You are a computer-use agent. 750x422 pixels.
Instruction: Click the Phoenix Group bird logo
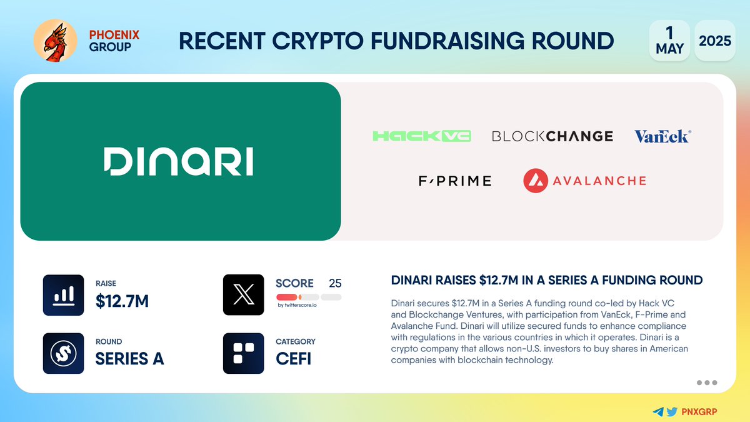click(x=54, y=41)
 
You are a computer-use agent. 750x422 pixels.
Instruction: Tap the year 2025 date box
click(x=715, y=41)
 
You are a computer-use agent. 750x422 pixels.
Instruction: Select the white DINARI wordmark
click(x=178, y=161)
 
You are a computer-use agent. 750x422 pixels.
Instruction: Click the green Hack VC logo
click(x=422, y=136)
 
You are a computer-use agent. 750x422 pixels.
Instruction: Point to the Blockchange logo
click(x=552, y=136)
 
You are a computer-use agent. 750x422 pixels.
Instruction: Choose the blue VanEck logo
click(x=662, y=136)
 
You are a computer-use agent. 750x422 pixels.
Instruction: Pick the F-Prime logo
click(x=455, y=181)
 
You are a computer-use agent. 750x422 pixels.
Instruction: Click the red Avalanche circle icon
click(x=536, y=181)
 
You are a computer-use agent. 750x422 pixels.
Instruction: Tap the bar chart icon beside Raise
click(x=63, y=295)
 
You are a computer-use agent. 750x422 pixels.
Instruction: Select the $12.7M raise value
click(x=122, y=301)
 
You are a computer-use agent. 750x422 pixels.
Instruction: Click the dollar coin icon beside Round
click(x=63, y=353)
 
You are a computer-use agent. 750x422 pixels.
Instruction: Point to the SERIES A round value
click(x=129, y=359)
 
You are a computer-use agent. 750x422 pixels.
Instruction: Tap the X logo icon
click(x=243, y=295)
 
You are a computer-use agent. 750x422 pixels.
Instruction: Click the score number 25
click(x=335, y=283)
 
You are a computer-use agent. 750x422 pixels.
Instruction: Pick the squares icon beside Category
click(x=243, y=353)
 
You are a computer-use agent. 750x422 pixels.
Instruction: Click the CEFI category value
click(x=294, y=359)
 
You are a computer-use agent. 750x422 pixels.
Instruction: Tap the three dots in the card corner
click(x=706, y=383)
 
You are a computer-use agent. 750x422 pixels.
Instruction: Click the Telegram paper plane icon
click(x=657, y=411)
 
